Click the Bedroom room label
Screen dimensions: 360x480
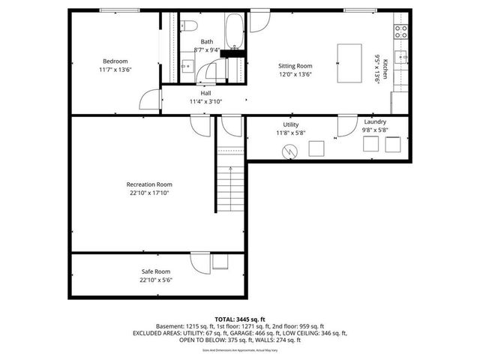[115, 61]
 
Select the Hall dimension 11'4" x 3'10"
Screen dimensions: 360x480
[206, 100]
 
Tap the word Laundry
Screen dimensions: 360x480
[375, 122]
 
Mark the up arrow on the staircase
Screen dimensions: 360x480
[230, 171]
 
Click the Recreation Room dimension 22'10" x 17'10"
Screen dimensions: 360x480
[149, 192]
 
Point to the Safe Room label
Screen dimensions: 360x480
[156, 271]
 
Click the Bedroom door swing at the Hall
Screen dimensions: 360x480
[151, 98]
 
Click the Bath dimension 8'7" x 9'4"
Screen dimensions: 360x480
[207, 49]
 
